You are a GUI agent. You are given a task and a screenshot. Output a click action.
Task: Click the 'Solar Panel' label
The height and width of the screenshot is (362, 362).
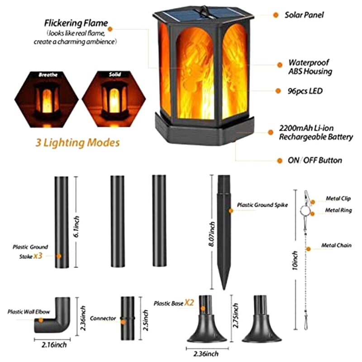click(304, 15)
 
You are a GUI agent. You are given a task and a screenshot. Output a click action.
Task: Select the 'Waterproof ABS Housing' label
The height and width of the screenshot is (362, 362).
click(310, 67)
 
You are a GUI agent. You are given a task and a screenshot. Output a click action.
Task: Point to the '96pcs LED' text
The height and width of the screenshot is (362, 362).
click(305, 91)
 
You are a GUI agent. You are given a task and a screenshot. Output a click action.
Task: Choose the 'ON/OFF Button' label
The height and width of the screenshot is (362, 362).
click(315, 160)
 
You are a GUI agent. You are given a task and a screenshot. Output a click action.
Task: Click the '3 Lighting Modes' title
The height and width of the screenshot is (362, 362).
click(77, 143)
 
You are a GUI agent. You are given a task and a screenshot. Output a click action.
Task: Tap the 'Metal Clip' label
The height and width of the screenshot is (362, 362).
click(338, 199)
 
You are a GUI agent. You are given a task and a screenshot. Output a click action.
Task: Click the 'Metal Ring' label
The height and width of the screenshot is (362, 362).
click(338, 210)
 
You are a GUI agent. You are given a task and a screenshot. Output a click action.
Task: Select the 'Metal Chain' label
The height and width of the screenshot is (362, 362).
click(335, 246)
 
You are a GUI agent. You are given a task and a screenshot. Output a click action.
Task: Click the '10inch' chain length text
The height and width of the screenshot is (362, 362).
click(295, 260)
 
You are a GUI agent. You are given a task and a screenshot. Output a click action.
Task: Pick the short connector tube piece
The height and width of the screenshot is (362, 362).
click(128, 319)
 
